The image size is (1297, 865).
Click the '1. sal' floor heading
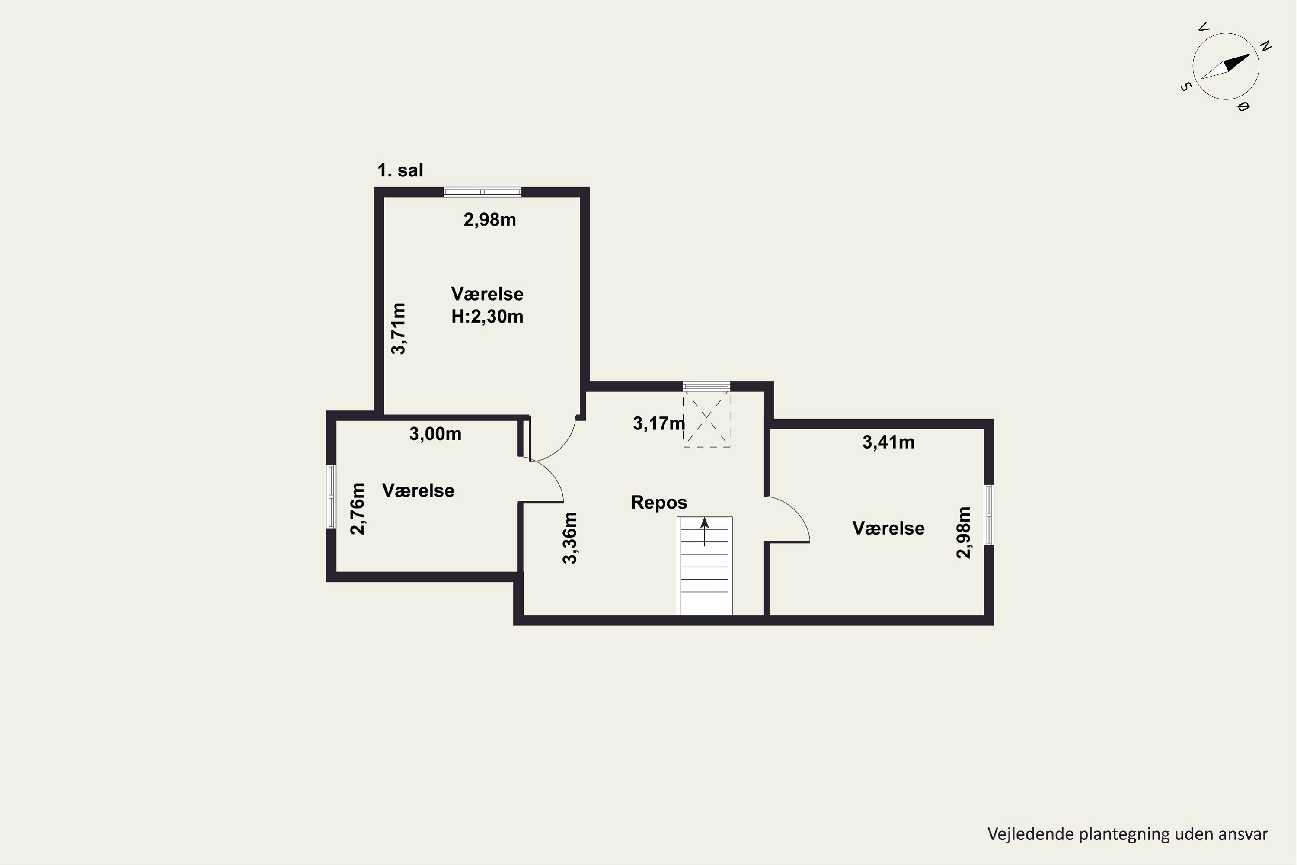(x=400, y=170)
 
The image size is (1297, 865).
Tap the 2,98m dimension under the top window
(x=490, y=220)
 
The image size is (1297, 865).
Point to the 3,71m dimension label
(x=398, y=328)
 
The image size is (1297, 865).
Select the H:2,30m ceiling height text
(x=487, y=317)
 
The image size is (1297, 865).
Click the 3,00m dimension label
(x=435, y=434)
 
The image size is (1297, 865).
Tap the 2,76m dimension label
(x=358, y=509)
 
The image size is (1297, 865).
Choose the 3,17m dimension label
(x=659, y=424)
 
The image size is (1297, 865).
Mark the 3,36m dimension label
(x=570, y=538)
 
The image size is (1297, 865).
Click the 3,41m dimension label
(x=888, y=442)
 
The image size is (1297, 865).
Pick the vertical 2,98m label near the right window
(x=963, y=533)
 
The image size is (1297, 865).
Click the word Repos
(x=659, y=503)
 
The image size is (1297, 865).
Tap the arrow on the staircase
(x=704, y=531)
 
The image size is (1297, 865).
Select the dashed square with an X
(x=706, y=419)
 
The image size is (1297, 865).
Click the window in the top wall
(x=482, y=192)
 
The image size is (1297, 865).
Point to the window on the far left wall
(x=331, y=497)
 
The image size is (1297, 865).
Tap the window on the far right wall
(x=989, y=515)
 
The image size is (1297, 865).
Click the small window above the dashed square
(x=706, y=386)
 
